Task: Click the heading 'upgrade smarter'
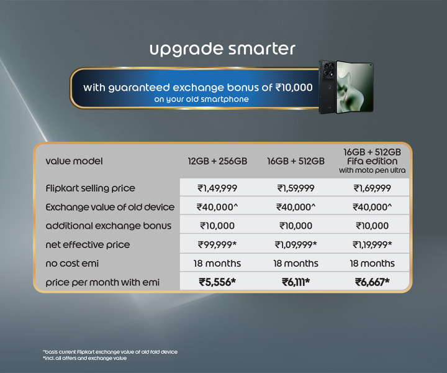coord(222,49)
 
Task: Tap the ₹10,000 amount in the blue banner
coord(294,87)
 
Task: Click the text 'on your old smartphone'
coord(202,99)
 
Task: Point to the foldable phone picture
coord(346,87)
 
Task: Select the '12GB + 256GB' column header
coord(217,161)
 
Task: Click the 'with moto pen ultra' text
coord(372,170)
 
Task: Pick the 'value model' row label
coord(74,161)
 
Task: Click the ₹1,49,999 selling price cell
coord(217,188)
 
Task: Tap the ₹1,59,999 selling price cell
coord(296,188)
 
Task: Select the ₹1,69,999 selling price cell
coord(372,188)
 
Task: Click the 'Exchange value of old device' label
coord(110,207)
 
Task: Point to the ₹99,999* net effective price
coord(217,244)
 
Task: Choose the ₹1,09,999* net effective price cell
coord(296,244)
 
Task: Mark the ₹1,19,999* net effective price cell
coord(372,244)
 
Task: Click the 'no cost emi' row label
coord(72,264)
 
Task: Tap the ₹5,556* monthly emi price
coord(217,282)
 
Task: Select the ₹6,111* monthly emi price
coord(296,282)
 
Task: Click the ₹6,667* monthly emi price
coord(372,282)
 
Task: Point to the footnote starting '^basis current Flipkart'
coord(110,352)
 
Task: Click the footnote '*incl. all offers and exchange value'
coord(84,358)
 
